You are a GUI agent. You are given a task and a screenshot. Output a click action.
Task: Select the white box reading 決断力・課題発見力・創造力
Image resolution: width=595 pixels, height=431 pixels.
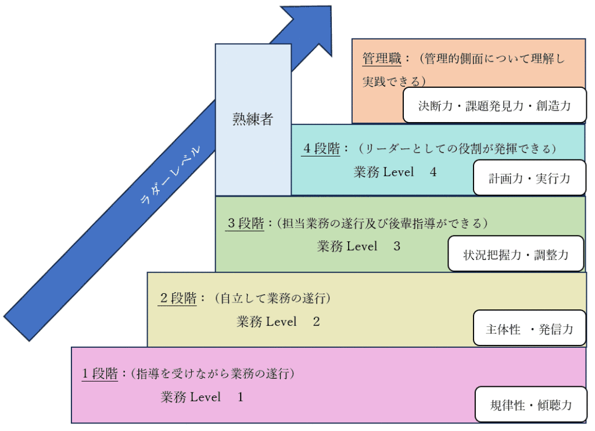[x=494, y=106]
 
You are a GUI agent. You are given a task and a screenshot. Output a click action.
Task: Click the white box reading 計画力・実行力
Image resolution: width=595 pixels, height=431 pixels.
[x=529, y=178]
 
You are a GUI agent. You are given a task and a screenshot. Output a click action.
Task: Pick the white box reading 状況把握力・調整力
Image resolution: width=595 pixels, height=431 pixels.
[x=515, y=254]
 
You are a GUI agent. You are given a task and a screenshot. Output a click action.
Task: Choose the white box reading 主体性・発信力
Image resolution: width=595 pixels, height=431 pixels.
[x=529, y=329]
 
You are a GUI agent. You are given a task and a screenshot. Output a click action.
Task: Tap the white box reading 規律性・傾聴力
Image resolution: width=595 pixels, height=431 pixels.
[x=531, y=404]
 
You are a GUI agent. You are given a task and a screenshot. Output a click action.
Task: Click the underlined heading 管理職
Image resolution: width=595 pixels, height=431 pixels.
[x=378, y=59]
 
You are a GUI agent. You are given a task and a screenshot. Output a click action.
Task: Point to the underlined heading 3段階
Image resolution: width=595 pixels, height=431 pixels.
[x=245, y=223]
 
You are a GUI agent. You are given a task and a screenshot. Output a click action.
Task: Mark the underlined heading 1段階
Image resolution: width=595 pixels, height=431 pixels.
[x=101, y=373]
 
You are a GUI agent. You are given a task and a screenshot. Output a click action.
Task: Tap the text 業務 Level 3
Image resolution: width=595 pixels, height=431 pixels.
[x=359, y=246]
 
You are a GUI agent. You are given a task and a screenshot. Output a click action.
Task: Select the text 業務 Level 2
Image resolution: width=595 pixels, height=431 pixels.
[x=278, y=321]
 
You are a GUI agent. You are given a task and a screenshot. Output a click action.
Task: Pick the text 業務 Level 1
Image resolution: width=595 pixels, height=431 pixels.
[x=202, y=397]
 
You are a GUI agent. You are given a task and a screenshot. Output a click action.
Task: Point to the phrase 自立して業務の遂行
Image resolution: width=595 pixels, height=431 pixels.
[x=273, y=298]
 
